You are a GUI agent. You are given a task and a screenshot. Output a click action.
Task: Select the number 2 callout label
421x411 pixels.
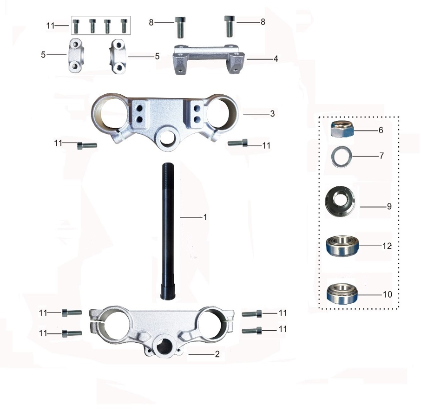point(217,354)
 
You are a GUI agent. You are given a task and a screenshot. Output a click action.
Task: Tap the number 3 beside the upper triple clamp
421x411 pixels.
point(272,113)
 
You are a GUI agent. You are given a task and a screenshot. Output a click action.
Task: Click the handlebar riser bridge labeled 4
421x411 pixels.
point(208,59)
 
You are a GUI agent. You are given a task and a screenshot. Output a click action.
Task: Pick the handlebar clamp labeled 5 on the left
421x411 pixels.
point(75,56)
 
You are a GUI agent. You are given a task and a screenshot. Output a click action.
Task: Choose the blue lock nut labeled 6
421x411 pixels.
point(342,129)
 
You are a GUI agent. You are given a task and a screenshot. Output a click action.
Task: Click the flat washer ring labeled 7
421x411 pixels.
point(341,156)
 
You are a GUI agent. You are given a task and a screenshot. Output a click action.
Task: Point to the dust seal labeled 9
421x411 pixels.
point(340,201)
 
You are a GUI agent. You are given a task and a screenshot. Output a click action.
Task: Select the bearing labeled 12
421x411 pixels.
point(342,246)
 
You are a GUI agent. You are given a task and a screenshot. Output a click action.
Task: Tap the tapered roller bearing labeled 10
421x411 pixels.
point(342,294)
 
